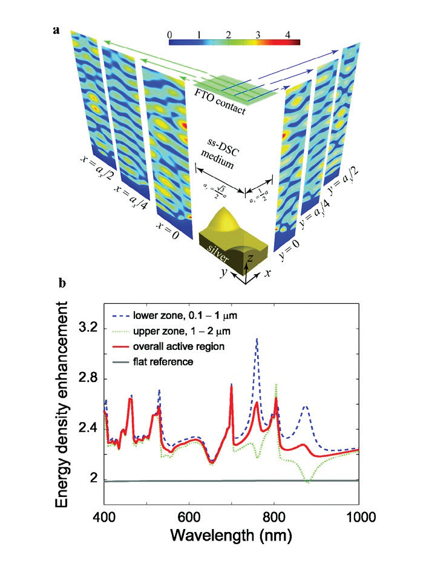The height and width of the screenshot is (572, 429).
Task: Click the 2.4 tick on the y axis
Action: coord(91,430)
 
